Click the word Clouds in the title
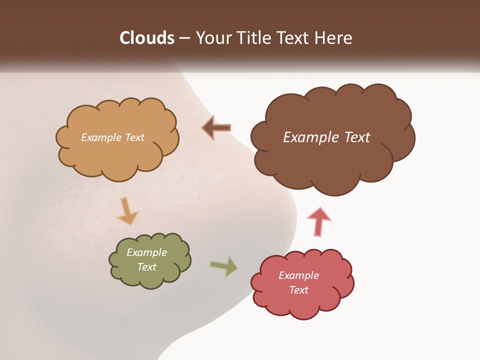(147, 38)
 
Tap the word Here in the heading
(334, 38)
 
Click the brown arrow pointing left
(216, 128)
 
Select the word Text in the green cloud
(147, 267)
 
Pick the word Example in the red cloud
(298, 275)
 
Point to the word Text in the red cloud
(298, 290)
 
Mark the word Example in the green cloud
(147, 252)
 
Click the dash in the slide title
(184, 38)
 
